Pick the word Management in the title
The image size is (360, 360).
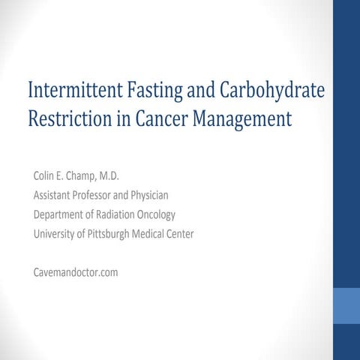(244, 120)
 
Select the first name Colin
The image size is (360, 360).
(45, 177)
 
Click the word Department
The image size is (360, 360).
(60, 215)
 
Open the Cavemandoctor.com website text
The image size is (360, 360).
(75, 272)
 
